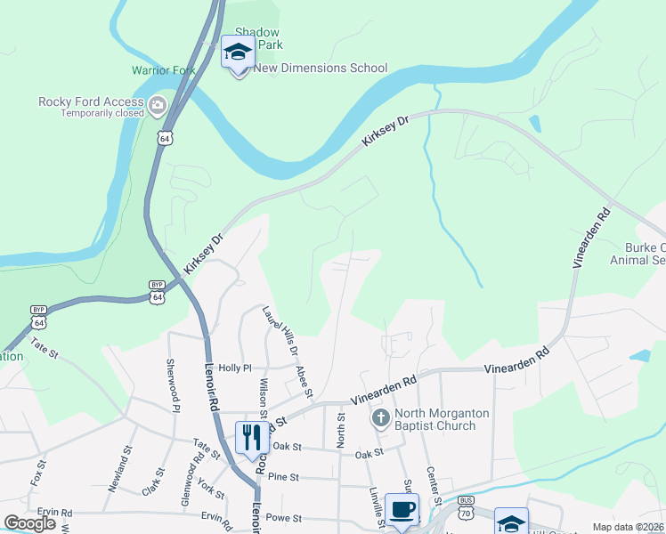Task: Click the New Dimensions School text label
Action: click(x=321, y=69)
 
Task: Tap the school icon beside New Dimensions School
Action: click(x=238, y=54)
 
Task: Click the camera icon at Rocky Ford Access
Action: click(x=158, y=107)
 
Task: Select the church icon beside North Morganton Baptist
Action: click(x=380, y=418)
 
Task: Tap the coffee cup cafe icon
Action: click(x=402, y=510)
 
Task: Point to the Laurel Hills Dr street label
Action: click(x=280, y=332)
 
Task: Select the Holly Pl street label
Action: click(x=236, y=367)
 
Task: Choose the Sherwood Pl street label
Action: click(x=172, y=385)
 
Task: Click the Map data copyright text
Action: click(x=629, y=527)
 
